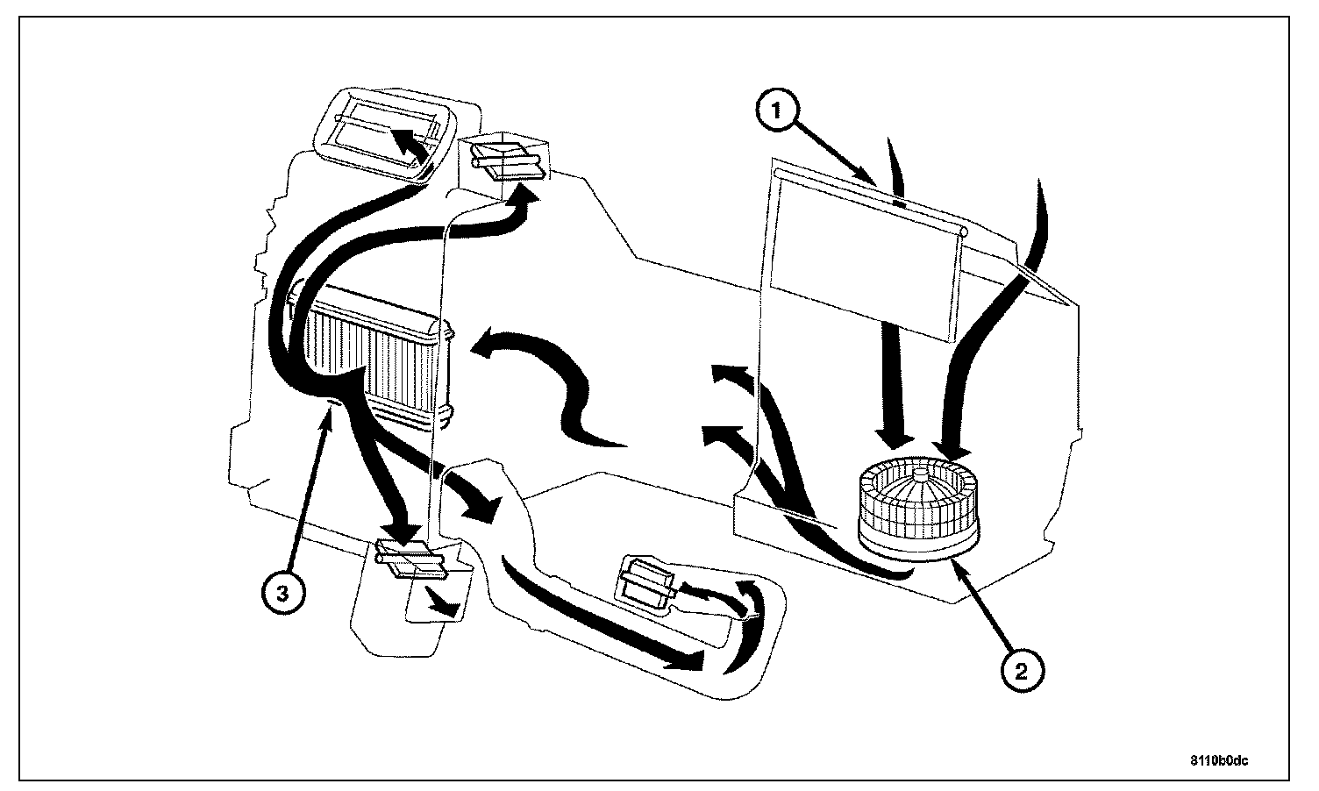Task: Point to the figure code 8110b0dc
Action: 1219,760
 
